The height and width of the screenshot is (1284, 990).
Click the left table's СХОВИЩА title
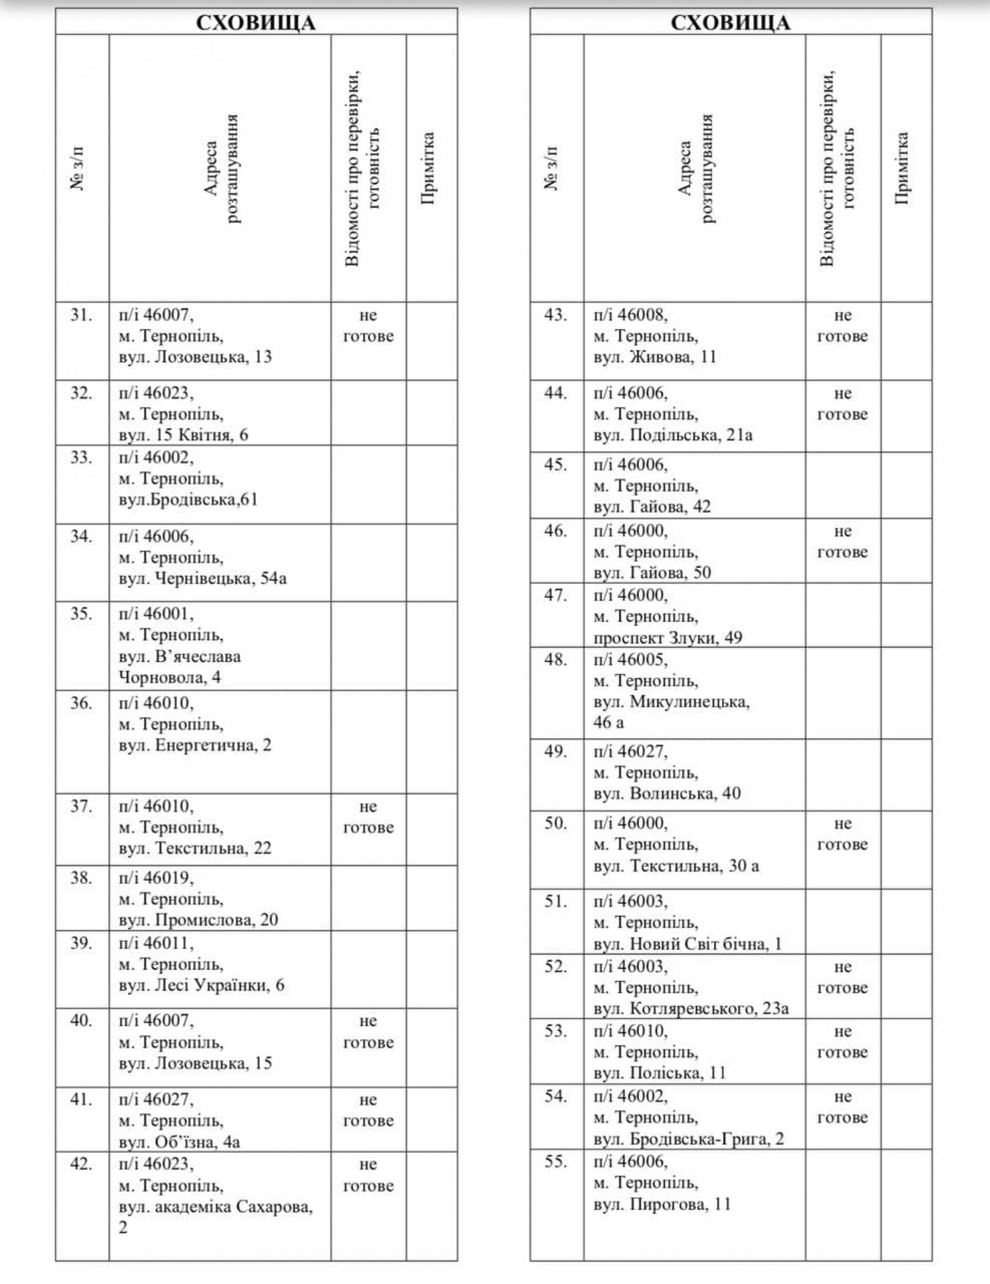click(256, 23)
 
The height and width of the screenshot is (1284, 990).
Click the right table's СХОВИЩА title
click(730, 23)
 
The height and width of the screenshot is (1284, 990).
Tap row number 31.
click(81, 315)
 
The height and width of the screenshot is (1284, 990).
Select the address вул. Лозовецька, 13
click(195, 357)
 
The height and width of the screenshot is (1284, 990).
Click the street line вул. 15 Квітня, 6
click(184, 435)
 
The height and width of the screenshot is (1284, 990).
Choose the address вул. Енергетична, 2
click(195, 745)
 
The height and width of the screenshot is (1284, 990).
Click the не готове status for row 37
click(368, 817)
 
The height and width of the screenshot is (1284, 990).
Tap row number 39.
click(81, 943)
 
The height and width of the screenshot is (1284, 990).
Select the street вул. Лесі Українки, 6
click(202, 985)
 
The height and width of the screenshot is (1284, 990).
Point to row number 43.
click(555, 315)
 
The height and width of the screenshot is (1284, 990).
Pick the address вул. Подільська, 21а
click(673, 435)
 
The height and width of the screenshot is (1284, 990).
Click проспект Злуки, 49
click(668, 637)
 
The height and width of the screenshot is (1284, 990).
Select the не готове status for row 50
click(843, 834)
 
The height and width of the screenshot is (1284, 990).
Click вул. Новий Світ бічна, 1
click(688, 944)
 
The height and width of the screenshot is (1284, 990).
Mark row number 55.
click(555, 1162)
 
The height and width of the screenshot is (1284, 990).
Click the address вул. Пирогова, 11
click(662, 1204)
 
